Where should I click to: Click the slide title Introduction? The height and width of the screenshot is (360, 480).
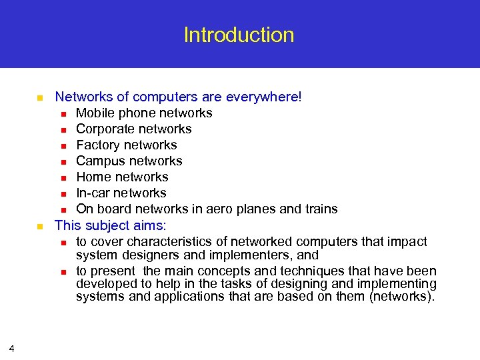(x=239, y=35)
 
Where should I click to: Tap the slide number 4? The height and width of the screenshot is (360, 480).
(x=12, y=348)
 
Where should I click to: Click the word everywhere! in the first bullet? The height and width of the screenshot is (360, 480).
(x=264, y=97)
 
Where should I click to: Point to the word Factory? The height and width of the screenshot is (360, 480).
(x=98, y=145)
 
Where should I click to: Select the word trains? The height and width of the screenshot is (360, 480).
(x=321, y=209)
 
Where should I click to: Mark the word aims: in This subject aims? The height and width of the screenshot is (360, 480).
(x=147, y=225)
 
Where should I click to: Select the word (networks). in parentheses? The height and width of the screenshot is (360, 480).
(x=401, y=297)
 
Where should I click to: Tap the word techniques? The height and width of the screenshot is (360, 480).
(x=323, y=271)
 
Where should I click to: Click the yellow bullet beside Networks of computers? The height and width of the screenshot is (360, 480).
(x=39, y=98)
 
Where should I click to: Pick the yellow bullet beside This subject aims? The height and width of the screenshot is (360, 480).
(x=39, y=226)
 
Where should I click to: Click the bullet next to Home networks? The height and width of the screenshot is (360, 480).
(x=62, y=178)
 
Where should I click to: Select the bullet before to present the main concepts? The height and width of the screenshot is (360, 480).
(x=62, y=271)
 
